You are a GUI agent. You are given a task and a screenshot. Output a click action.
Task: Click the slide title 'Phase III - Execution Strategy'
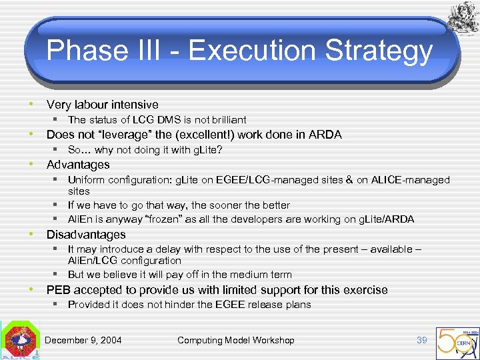tap(240, 51)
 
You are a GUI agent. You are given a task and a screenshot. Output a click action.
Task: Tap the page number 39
tap(421, 340)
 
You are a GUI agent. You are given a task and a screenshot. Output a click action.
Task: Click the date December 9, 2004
tap(83, 340)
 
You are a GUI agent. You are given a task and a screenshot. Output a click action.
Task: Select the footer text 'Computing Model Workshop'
tap(235, 340)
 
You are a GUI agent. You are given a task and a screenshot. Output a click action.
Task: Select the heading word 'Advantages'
tap(78, 165)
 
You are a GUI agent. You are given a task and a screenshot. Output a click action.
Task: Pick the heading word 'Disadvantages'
tap(86, 235)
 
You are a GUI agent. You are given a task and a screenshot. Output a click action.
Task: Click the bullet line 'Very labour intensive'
tap(102, 105)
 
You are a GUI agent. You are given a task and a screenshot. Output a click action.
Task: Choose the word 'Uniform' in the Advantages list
tap(86, 180)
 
